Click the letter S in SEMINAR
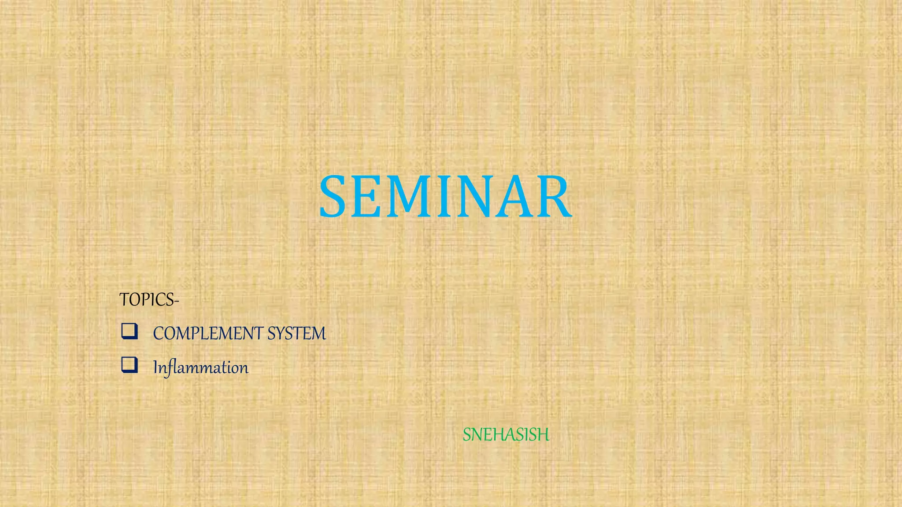[335, 197]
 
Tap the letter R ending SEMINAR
[553, 197]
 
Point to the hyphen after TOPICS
[177, 301]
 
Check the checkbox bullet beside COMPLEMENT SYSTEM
[129, 331]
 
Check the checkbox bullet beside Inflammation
[129, 365]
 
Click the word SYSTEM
[296, 334]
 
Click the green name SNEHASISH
[506, 435]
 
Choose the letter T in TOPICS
[124, 300]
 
